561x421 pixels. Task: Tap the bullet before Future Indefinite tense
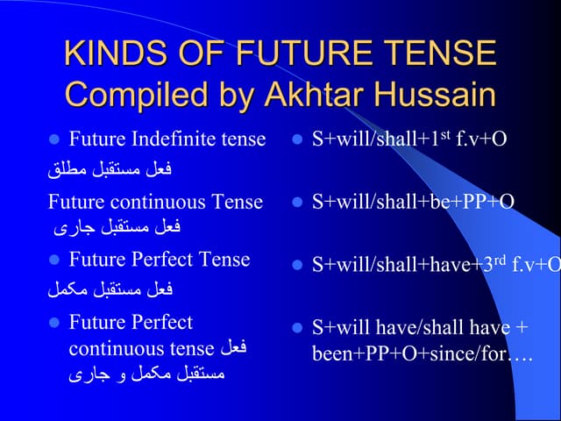pos(53,139)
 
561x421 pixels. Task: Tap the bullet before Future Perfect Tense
pos(53,260)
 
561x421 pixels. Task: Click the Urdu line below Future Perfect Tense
pos(110,288)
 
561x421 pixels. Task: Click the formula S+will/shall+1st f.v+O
pos(409,139)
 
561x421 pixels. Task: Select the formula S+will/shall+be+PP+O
pos(413,202)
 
